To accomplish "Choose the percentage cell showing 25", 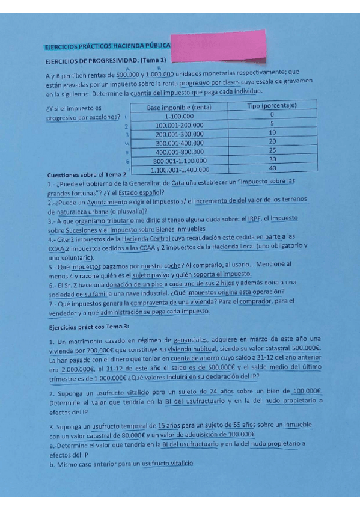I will point(272,150).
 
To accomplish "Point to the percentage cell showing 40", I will point(272,168).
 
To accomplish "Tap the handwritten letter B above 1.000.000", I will point(158,68).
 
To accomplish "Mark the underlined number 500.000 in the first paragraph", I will point(129,73).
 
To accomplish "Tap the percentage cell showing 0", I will point(272,115).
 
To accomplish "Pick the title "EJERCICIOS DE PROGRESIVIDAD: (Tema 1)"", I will point(106,60).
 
